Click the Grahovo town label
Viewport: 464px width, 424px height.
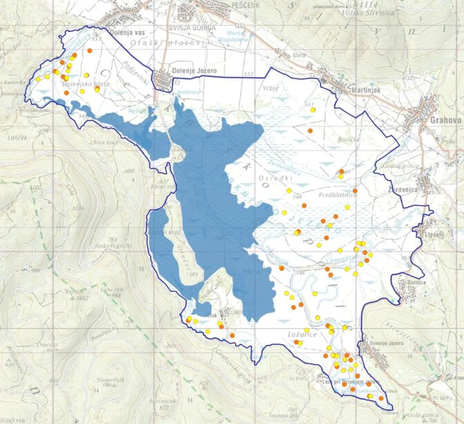[445, 120]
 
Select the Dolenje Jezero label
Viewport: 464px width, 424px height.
[194, 70]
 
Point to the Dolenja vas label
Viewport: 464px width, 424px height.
[127, 32]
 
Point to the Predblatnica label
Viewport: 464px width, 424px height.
[338, 195]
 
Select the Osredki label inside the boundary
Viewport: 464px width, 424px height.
[275, 178]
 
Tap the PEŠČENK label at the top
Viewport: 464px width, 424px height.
[245, 5]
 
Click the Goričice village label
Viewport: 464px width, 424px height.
[416, 282]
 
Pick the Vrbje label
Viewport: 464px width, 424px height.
[270, 88]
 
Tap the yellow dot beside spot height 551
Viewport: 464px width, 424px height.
[313, 110]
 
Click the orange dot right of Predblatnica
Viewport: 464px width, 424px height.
[355, 191]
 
